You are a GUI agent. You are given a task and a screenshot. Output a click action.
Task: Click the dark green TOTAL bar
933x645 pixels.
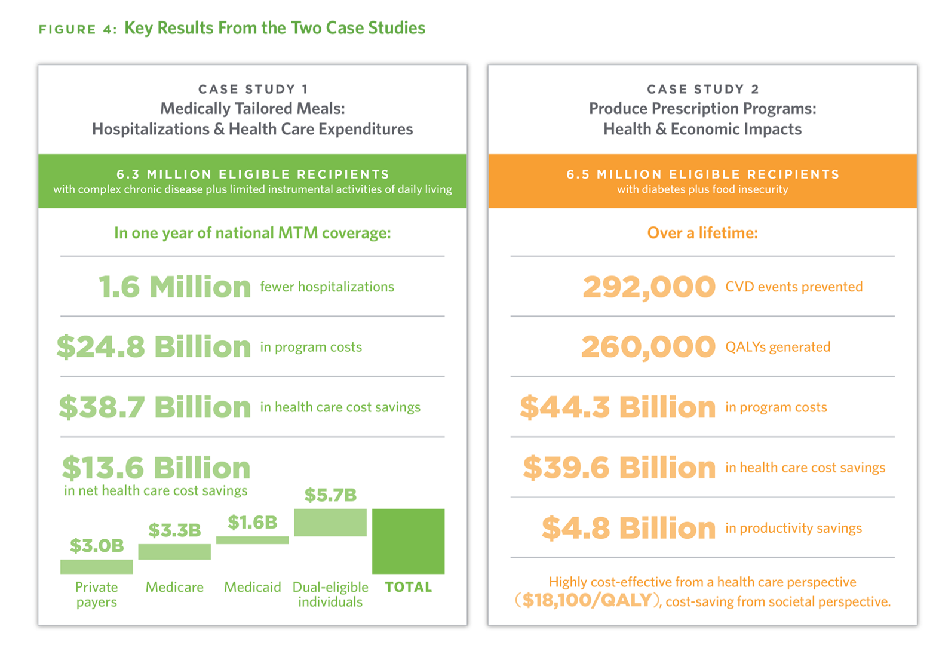(x=408, y=541)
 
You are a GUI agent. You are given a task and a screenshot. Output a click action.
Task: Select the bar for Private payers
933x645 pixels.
(x=96, y=566)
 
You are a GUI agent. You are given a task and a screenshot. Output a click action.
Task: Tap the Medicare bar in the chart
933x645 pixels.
(x=174, y=551)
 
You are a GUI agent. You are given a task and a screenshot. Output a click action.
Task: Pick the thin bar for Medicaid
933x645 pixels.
(x=252, y=540)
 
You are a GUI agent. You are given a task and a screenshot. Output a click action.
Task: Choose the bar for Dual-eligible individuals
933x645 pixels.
(x=330, y=523)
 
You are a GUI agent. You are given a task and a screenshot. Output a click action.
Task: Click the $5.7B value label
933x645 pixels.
(x=330, y=495)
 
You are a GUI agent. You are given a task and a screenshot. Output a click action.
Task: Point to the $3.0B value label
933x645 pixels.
(x=97, y=545)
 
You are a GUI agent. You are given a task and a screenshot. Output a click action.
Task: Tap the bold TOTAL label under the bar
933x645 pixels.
(x=409, y=587)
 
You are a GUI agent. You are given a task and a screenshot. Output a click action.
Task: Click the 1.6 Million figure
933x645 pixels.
(x=174, y=287)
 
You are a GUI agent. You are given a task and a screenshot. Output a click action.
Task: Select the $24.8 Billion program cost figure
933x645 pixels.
(x=154, y=347)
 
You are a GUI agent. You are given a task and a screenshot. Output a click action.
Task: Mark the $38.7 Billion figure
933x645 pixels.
(x=155, y=407)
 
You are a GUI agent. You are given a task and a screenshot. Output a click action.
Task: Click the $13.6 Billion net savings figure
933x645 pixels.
(x=156, y=468)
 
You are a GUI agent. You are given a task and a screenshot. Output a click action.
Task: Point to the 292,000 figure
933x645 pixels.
(x=649, y=287)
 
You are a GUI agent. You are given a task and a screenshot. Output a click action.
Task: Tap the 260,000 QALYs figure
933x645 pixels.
(x=648, y=347)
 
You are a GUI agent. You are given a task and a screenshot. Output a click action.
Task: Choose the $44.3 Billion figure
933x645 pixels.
(x=618, y=407)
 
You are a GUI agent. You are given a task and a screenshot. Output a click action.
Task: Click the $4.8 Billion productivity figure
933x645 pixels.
(x=628, y=528)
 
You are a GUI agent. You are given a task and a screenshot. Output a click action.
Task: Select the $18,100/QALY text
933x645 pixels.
(x=587, y=600)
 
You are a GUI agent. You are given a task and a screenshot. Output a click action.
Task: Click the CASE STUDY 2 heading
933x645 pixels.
(x=702, y=89)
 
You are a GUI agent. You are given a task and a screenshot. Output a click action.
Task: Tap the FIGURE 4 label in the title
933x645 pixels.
(x=78, y=29)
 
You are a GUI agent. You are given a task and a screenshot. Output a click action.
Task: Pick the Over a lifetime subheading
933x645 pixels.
(x=702, y=233)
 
